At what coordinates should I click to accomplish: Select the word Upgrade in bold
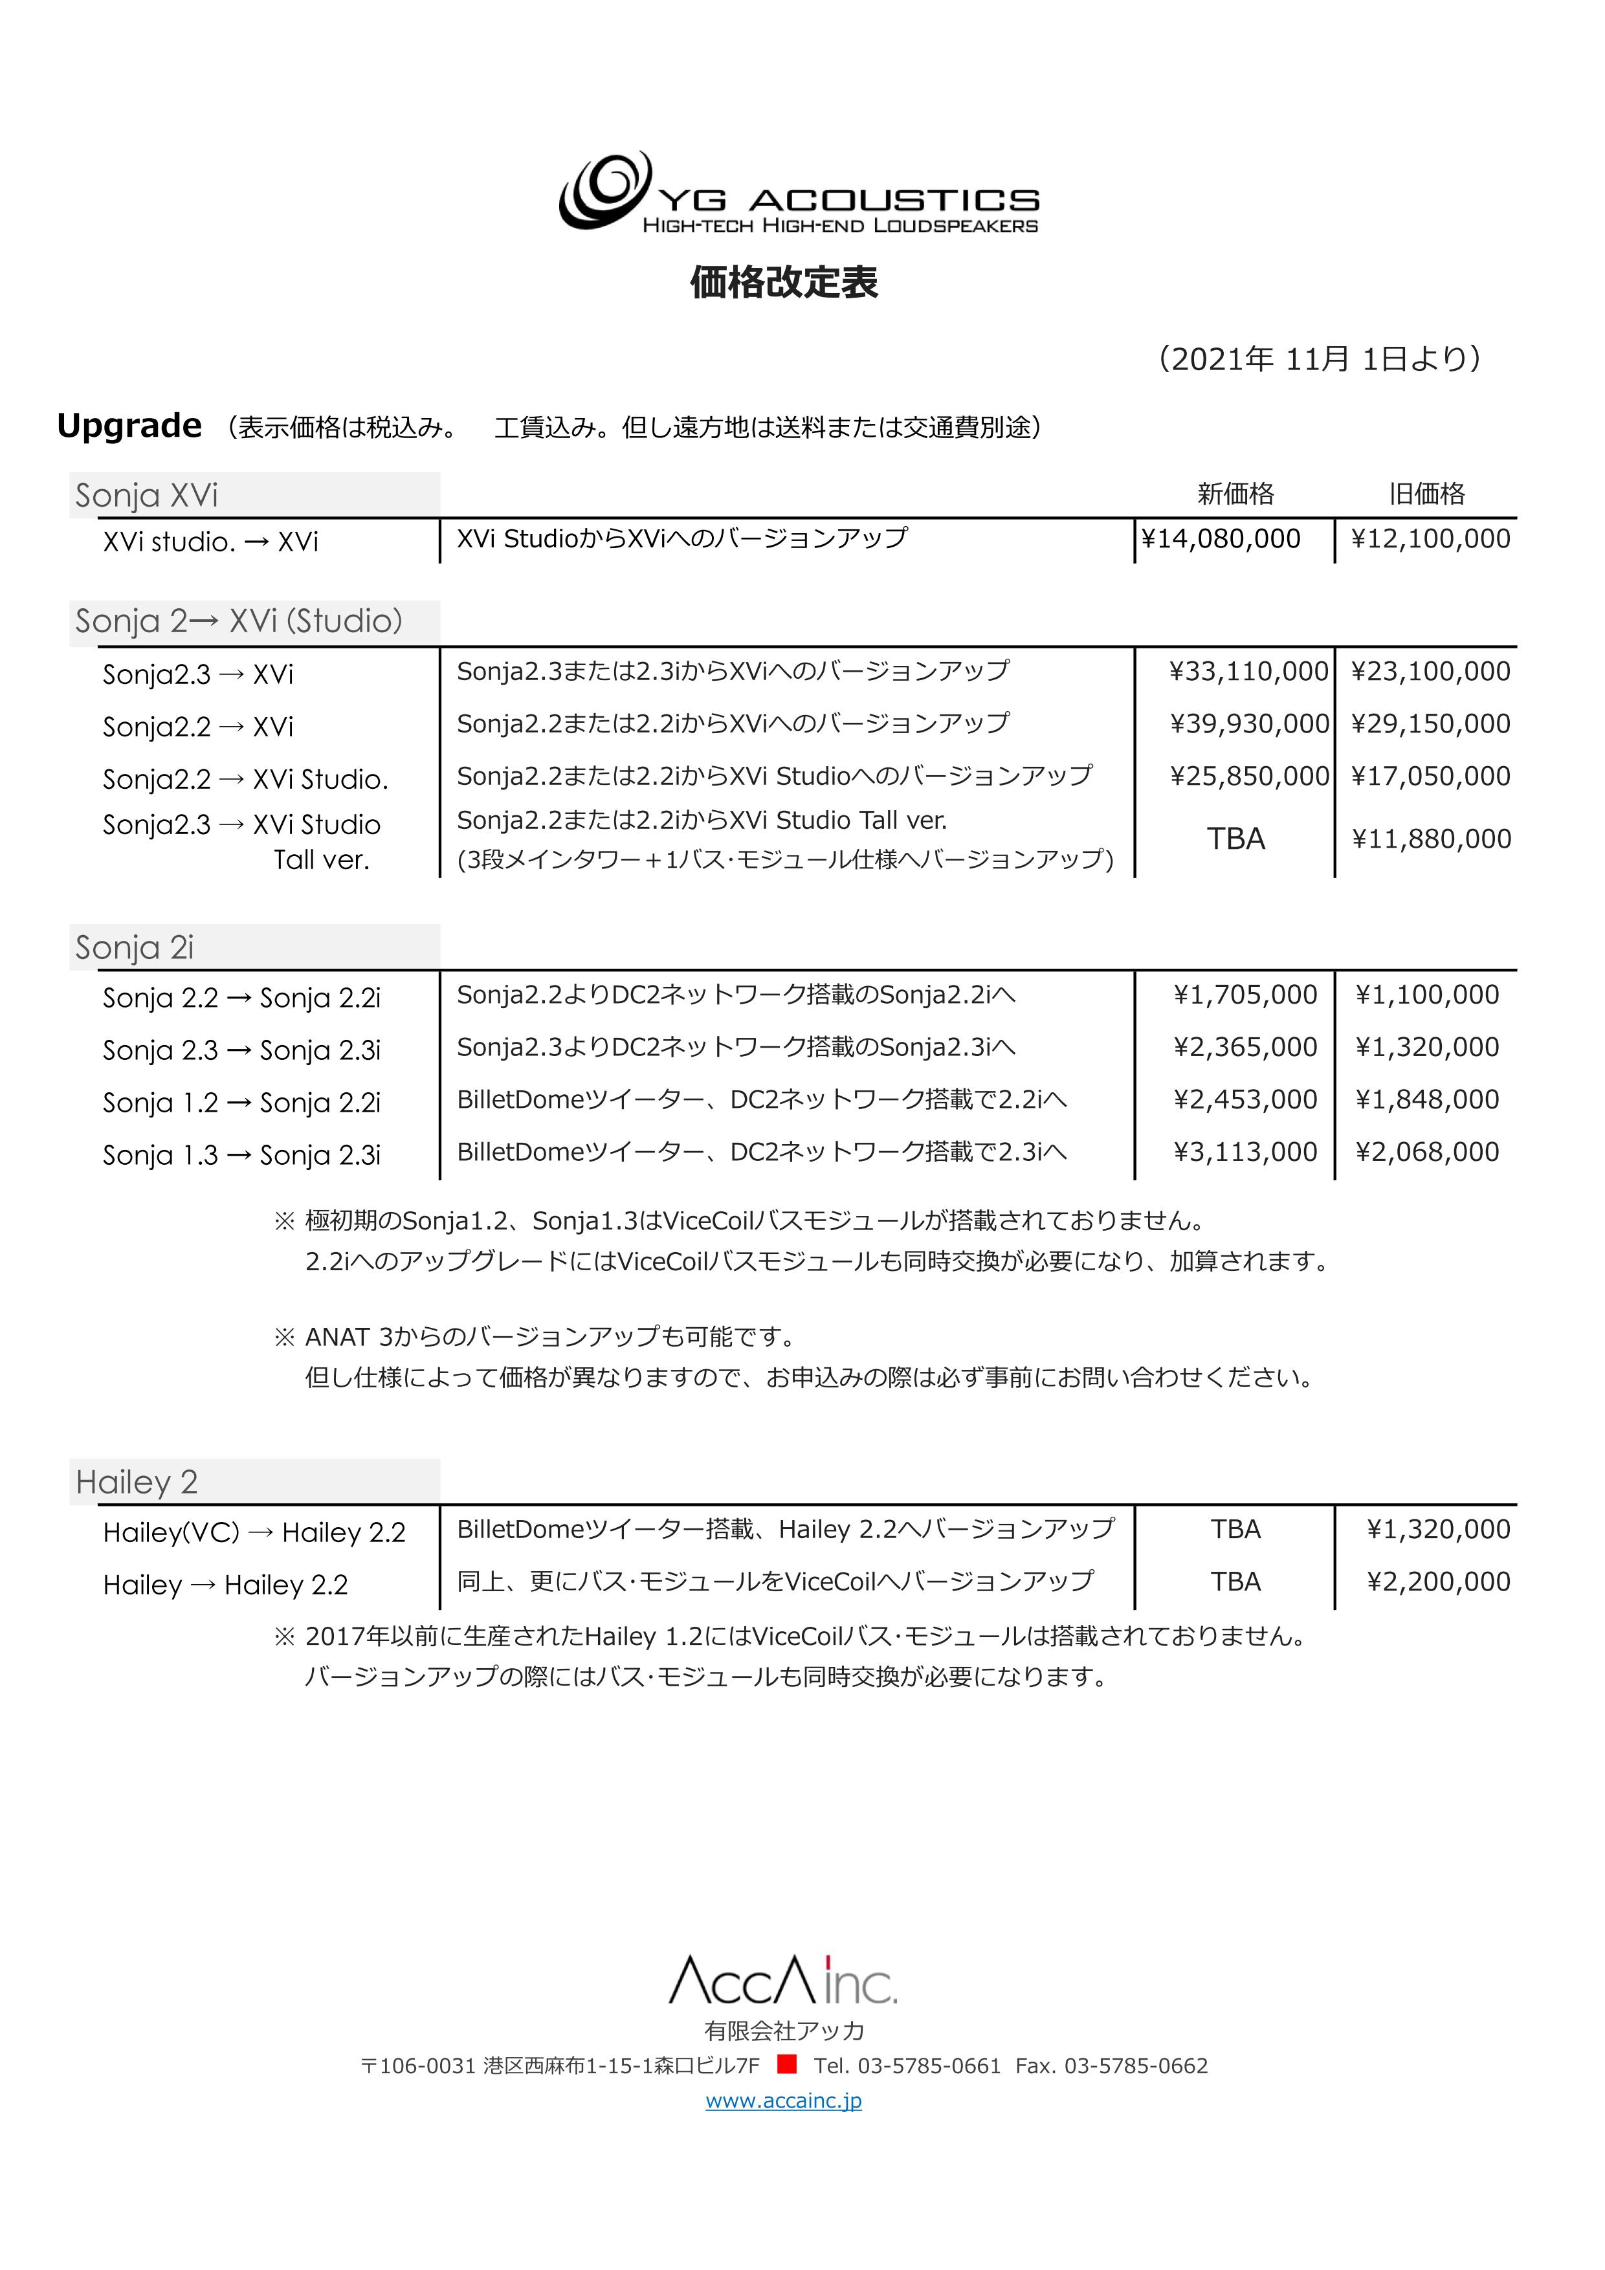point(129,426)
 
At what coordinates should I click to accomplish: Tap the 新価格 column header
point(1235,493)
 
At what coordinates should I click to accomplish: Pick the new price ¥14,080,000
point(1221,539)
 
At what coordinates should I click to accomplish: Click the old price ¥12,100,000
point(1430,539)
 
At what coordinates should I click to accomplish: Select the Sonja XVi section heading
point(146,495)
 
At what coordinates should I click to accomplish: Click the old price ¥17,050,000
point(1430,776)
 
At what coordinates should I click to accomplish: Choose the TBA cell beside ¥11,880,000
point(1235,839)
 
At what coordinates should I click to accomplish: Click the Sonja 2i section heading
point(135,947)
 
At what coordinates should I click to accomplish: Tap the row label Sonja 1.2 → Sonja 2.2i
point(241,1103)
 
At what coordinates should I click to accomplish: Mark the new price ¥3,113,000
point(1245,1152)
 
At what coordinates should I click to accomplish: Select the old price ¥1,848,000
point(1427,1099)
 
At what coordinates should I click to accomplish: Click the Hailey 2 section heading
point(137,1482)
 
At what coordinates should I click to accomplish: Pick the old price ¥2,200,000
point(1438,1582)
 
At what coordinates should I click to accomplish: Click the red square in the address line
point(787,2064)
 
